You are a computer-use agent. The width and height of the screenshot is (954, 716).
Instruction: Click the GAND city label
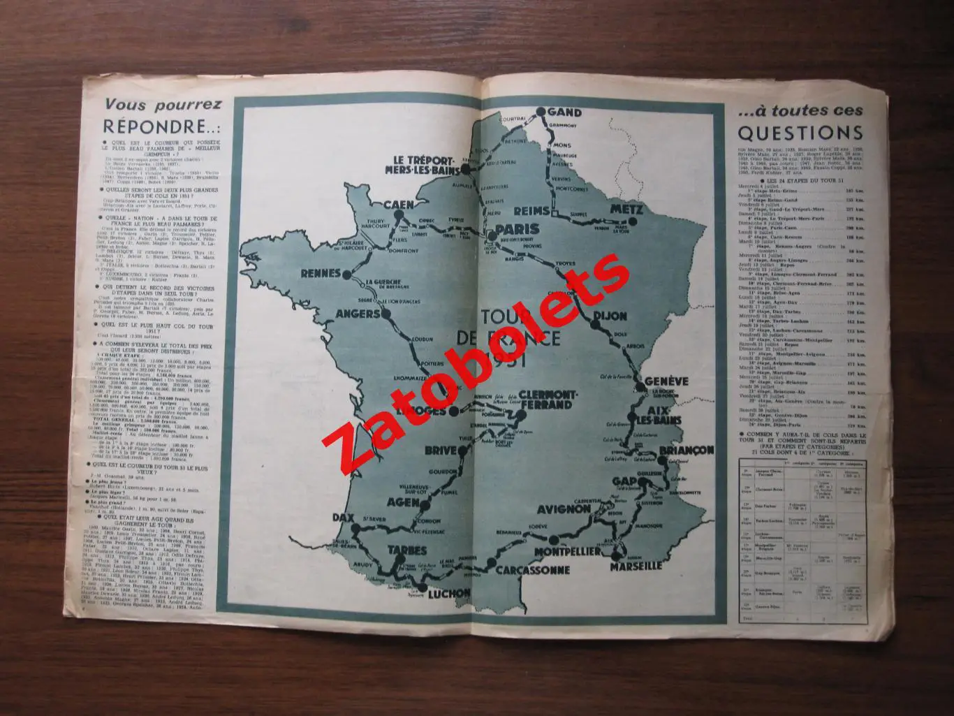(x=566, y=112)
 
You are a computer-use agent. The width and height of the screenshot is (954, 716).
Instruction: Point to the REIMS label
(x=534, y=210)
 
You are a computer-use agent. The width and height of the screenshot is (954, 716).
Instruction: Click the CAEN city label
(x=401, y=205)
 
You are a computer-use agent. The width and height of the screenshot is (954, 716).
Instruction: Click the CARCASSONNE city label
(x=533, y=570)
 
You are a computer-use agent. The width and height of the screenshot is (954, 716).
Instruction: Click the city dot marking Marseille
(x=617, y=555)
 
